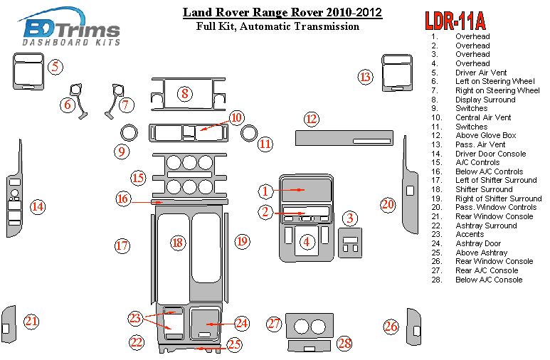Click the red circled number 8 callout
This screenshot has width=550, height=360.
pyautogui.click(x=184, y=93)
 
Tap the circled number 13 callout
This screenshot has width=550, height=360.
pyautogui.click(x=366, y=77)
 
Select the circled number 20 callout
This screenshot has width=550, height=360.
pyautogui.click(x=388, y=205)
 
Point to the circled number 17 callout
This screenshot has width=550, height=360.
pyautogui.click(x=122, y=246)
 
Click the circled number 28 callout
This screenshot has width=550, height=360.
pyautogui.click(x=345, y=344)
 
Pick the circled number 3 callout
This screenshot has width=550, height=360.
pyautogui.click(x=351, y=218)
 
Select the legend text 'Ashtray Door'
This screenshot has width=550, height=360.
pyautogui.click(x=477, y=244)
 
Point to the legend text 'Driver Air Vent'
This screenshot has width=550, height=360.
pyautogui.click(x=481, y=73)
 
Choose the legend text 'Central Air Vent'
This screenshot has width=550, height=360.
pyautogui.click(x=483, y=117)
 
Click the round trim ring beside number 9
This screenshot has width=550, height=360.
pyautogui.click(x=129, y=132)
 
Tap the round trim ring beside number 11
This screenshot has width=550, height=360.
pyautogui.click(x=248, y=132)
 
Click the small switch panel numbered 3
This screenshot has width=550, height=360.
pyautogui.click(x=351, y=242)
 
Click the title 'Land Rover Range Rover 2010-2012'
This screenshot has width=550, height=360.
pyautogui.click(x=282, y=12)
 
